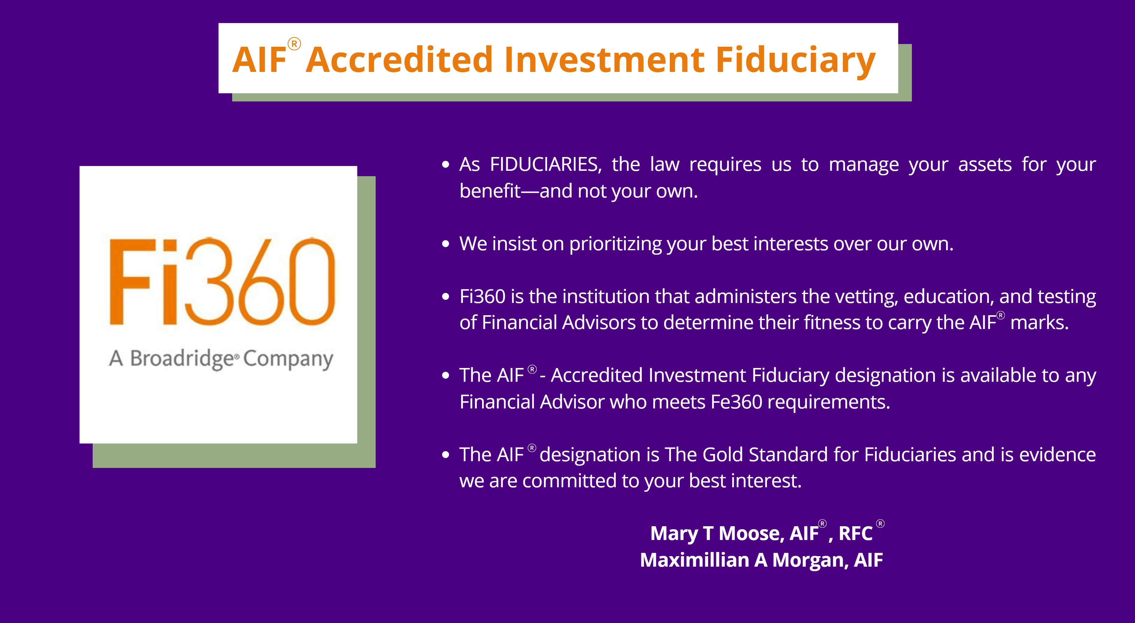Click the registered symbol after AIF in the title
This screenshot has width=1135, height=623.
point(294,44)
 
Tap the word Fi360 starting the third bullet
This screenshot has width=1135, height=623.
point(482,296)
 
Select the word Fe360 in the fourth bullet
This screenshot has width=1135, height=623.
point(736,402)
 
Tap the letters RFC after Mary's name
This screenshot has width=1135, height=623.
point(855,534)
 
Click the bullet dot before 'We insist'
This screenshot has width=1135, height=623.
point(446,244)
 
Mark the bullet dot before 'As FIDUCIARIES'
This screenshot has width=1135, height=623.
point(446,165)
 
